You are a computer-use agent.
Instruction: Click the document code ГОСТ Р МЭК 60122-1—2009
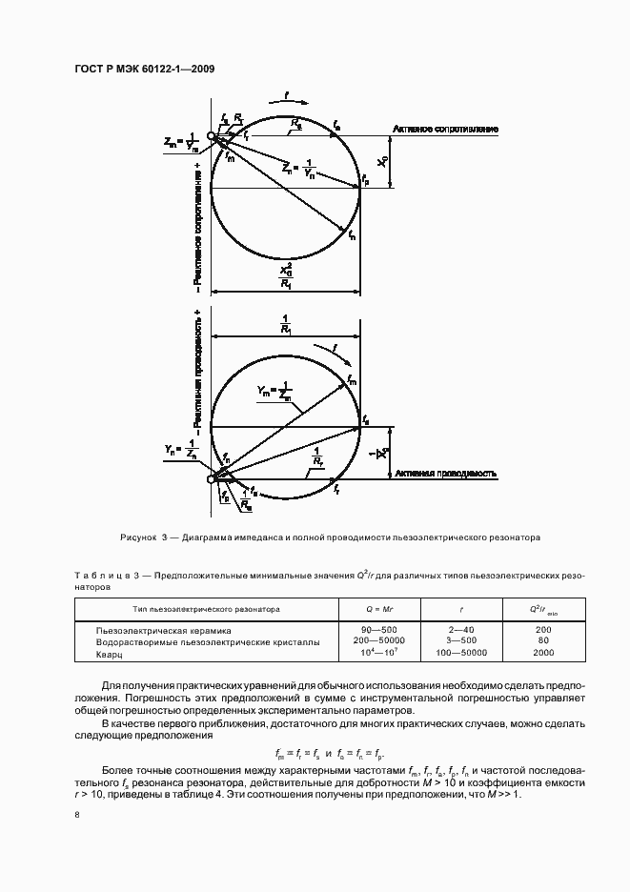pos(144,69)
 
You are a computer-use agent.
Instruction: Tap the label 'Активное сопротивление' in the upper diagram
pos(445,129)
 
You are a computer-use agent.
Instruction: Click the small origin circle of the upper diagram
pos(212,136)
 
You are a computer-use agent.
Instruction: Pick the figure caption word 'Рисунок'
pos(141,537)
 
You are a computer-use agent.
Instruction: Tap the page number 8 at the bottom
pos(76,815)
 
